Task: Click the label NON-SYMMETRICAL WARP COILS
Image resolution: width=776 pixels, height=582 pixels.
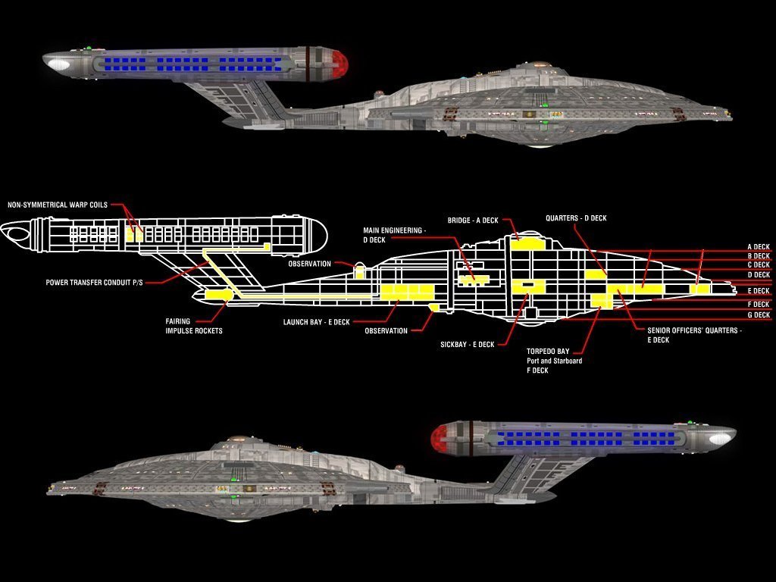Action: [58, 205]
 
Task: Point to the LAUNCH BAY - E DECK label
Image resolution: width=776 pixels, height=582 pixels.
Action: [316, 322]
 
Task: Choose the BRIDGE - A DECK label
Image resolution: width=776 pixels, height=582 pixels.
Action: [473, 220]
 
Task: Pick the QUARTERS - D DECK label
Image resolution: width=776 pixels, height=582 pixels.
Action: [576, 218]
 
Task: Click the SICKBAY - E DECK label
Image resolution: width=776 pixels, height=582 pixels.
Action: [467, 345]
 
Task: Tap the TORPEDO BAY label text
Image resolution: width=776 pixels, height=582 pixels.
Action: [554, 352]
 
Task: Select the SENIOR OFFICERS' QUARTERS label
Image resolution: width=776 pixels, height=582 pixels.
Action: [694, 331]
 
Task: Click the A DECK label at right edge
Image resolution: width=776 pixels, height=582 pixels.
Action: [758, 247]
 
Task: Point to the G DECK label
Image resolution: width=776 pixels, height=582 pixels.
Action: [758, 315]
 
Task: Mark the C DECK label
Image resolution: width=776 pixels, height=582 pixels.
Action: [758, 265]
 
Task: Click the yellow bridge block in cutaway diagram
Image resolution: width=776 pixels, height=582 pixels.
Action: [527, 244]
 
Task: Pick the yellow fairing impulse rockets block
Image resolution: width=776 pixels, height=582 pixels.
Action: [218, 294]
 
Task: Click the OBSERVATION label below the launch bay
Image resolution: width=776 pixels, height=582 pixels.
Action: [386, 331]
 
